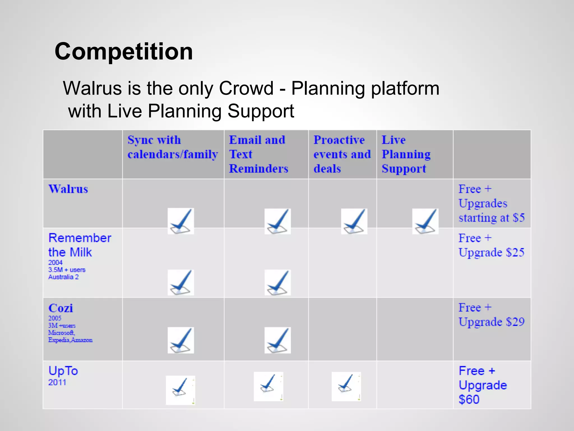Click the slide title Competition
(x=124, y=51)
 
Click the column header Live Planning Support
(x=406, y=154)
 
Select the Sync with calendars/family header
(x=172, y=147)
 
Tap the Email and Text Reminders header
(x=258, y=154)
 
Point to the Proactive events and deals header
(x=342, y=154)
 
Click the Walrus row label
(x=68, y=189)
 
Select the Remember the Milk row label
(x=80, y=245)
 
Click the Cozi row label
(x=61, y=308)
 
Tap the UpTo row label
(x=63, y=371)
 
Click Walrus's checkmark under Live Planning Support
(x=425, y=221)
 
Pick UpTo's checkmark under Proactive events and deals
(x=346, y=386)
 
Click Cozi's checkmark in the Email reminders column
(x=277, y=340)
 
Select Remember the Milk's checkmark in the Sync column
(x=180, y=282)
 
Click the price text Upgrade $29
(x=491, y=322)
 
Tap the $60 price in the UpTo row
(x=469, y=399)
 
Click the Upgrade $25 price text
(x=491, y=252)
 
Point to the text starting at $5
(x=491, y=218)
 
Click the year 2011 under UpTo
(x=57, y=382)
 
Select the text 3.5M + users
(x=67, y=270)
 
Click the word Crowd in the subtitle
(x=246, y=88)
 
